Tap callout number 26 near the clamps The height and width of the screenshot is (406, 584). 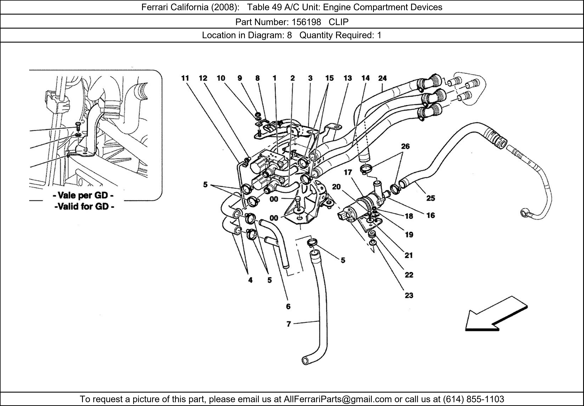coord(405,146)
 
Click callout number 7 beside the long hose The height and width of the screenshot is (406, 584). coord(288,324)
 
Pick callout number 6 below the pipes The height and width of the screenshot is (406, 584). coord(288,306)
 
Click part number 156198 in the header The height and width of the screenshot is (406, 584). coord(306,22)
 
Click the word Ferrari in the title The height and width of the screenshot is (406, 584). coord(155,7)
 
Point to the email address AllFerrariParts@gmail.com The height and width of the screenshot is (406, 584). coord(338,399)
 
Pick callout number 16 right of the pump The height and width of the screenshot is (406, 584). coord(430,215)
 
